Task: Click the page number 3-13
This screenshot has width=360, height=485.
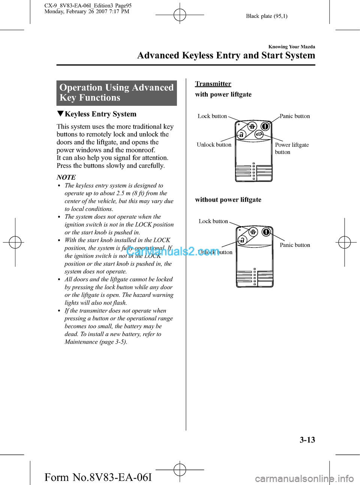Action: coord(307,440)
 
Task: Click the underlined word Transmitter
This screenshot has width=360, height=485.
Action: coord(213,84)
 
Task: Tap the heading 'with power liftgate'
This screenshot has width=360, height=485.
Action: coord(223,95)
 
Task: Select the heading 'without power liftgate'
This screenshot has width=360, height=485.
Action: coord(228,200)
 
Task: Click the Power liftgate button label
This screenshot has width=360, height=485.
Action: coord(292,148)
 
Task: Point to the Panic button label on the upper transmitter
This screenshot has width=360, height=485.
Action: coord(295,116)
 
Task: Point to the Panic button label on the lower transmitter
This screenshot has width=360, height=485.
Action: coord(295,245)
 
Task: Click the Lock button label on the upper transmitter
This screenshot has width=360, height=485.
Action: coord(212,116)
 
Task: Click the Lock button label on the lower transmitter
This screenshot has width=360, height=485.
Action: coord(213,221)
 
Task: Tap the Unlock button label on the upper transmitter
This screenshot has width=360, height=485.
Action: coord(214,145)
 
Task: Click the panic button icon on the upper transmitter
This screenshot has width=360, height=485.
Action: coord(265,126)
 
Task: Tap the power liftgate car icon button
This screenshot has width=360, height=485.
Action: coord(258,134)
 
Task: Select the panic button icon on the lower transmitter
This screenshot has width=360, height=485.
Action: coord(266,232)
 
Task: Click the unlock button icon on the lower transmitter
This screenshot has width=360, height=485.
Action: coord(243,240)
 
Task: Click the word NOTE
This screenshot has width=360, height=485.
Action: coord(66,177)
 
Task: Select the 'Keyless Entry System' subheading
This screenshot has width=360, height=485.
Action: coord(100,114)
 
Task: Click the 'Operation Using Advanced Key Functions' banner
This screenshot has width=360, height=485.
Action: coord(117,93)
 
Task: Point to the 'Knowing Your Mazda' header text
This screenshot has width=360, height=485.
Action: coord(292,47)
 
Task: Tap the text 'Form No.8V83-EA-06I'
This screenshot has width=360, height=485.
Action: coord(98,477)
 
